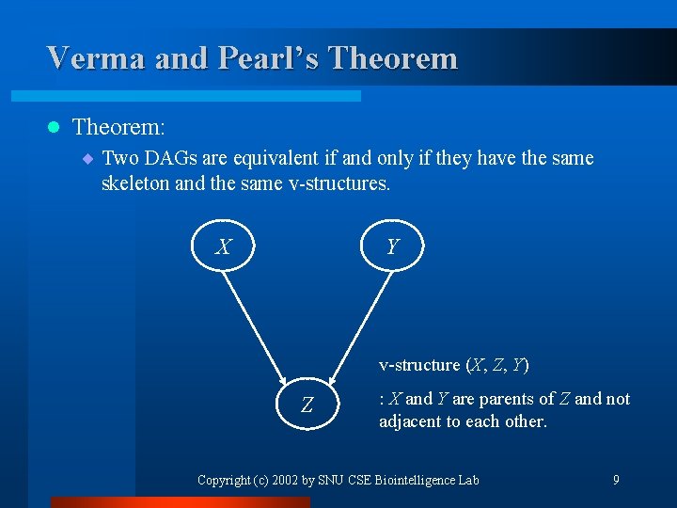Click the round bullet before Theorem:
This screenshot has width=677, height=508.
[53, 126]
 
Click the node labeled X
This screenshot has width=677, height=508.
[223, 246]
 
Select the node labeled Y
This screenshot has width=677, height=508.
[392, 246]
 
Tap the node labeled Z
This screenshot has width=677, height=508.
[307, 405]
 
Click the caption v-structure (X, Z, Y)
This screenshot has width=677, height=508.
[454, 365]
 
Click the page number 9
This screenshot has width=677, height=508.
[616, 480]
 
